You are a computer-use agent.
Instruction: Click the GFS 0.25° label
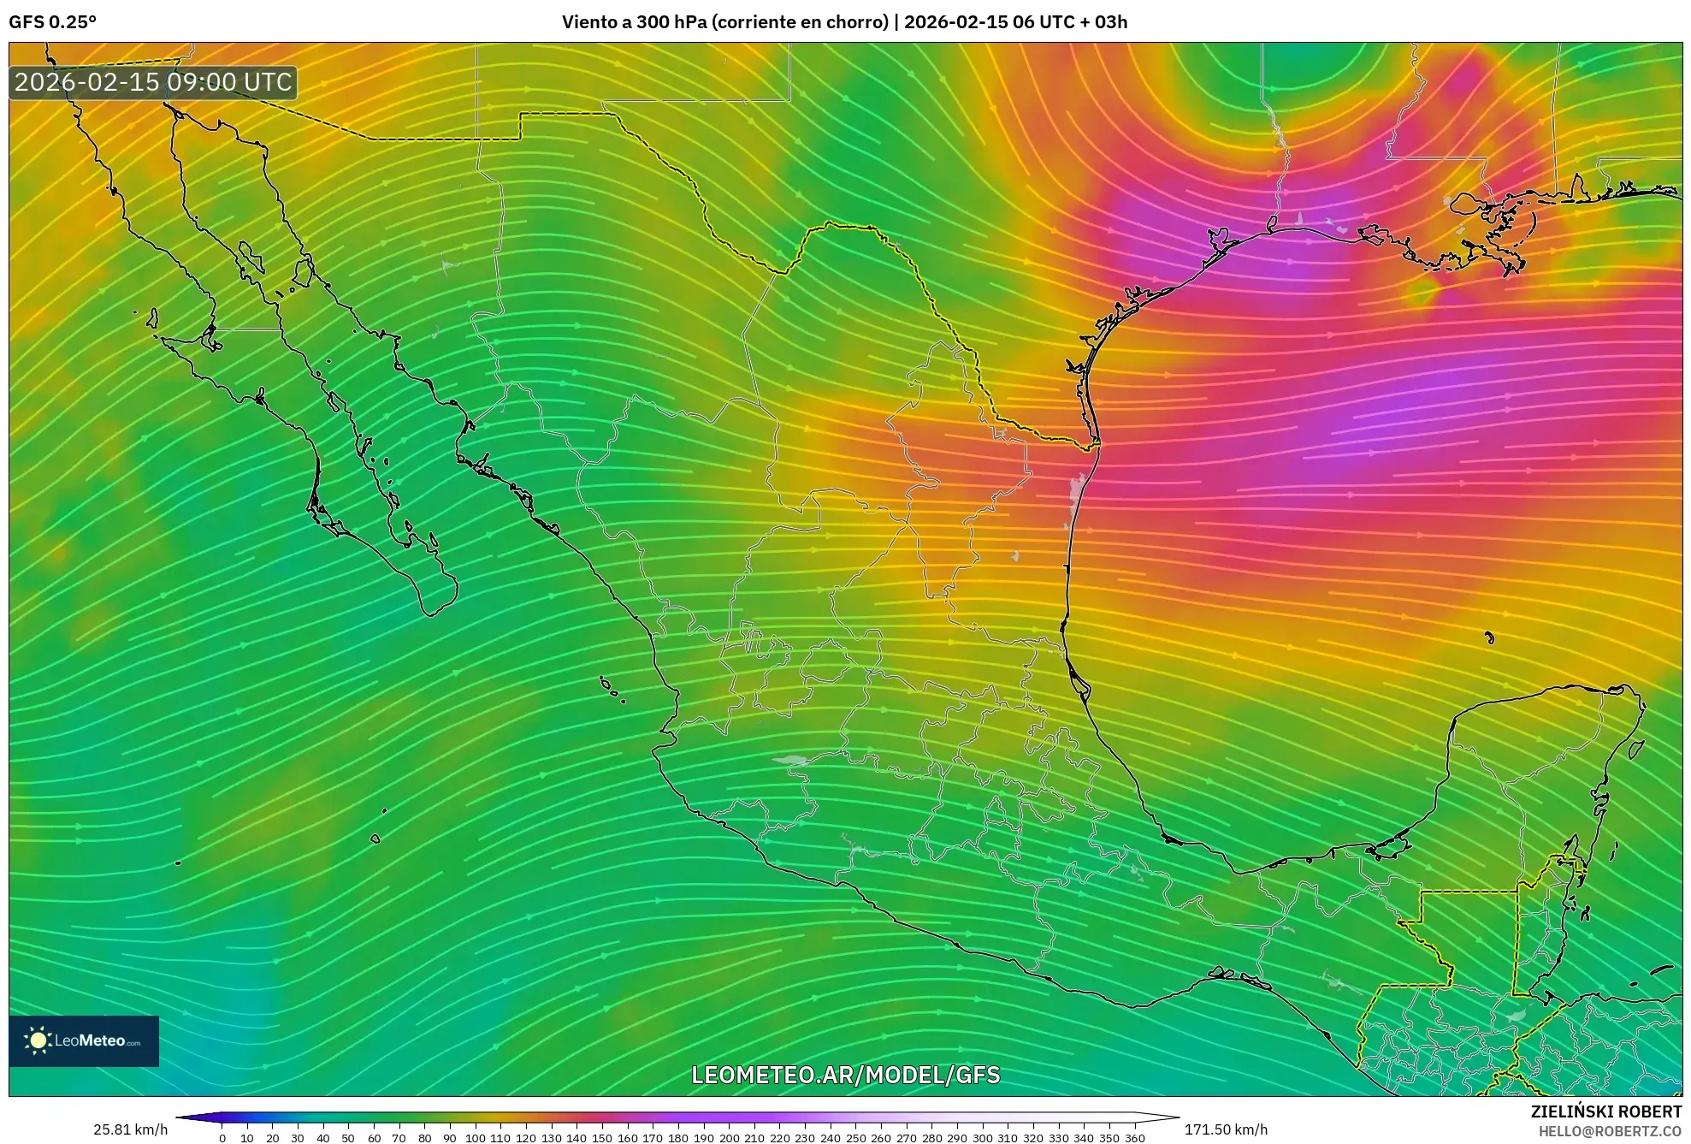(52, 22)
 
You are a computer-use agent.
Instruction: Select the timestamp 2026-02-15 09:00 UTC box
(153, 83)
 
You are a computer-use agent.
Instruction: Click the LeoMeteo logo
(84, 1040)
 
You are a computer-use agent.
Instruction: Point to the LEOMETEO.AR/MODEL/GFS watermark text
(845, 1075)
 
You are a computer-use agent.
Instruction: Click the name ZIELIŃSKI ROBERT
(1605, 1111)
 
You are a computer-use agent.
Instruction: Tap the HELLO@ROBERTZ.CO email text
(1610, 1131)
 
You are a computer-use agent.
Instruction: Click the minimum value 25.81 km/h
(130, 1129)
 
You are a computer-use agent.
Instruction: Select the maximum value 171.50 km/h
(1226, 1129)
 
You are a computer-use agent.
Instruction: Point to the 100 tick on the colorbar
(475, 1138)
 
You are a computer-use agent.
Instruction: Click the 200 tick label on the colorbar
(729, 1138)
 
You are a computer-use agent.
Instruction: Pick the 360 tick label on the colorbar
(1134, 1138)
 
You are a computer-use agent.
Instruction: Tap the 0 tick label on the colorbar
(222, 1138)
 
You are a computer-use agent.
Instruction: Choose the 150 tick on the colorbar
(602, 1138)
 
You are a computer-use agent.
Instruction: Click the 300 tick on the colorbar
(982, 1138)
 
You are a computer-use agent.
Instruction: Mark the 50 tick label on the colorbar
(348, 1138)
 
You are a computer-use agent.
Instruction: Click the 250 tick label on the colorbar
(855, 1138)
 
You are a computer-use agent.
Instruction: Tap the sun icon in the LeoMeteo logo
(38, 1040)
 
